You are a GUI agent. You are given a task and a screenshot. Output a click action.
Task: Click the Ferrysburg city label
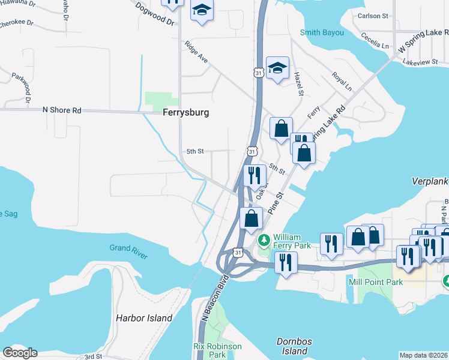pyautogui.click(x=185, y=112)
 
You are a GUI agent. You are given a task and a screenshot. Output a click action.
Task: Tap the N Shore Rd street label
pyautogui.click(x=61, y=110)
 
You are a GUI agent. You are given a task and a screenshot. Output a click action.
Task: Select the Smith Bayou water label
pyautogui.click(x=322, y=32)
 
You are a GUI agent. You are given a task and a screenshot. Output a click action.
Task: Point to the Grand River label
pyautogui.click(x=128, y=252)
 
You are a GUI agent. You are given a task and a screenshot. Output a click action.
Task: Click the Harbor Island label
pyautogui.click(x=143, y=318)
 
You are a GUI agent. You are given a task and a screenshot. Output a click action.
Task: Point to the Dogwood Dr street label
pyautogui.click(x=154, y=14)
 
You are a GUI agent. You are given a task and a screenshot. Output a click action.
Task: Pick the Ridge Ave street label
pyautogui.click(x=196, y=52)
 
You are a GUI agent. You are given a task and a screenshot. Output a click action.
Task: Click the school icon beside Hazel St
pyautogui.click(x=277, y=68)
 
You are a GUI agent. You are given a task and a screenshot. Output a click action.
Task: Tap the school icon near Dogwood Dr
pyautogui.click(x=202, y=11)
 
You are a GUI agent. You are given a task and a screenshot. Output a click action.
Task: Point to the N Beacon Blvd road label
pyautogui.click(x=214, y=301)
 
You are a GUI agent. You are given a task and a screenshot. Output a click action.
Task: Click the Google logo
pyautogui.click(x=20, y=353)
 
